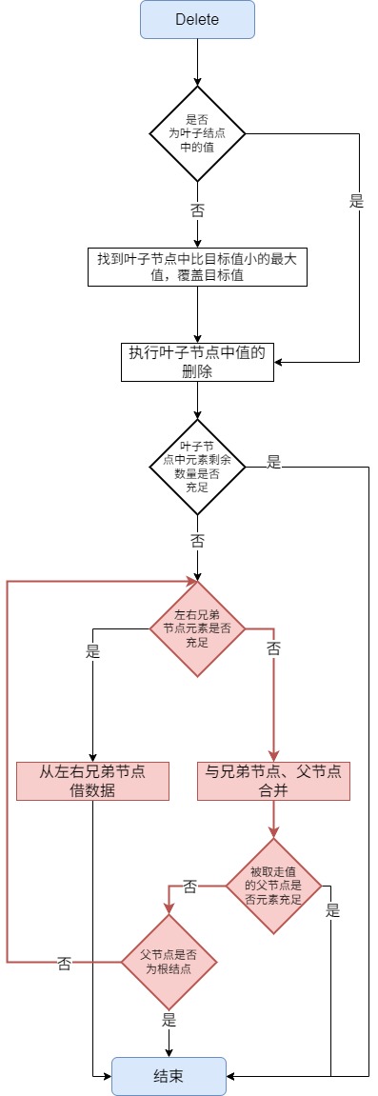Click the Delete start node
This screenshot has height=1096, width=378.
[x=197, y=20]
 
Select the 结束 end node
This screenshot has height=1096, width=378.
[x=169, y=1075]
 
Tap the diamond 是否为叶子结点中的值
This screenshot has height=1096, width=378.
[x=197, y=132]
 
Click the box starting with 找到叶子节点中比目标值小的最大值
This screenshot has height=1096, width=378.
[x=197, y=267]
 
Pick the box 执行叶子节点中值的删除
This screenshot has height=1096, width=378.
[x=197, y=362]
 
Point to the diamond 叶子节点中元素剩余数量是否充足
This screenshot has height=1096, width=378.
[x=197, y=464]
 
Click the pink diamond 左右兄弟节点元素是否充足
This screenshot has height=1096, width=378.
[x=197, y=628]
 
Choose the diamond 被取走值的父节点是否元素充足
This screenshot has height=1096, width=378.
[x=274, y=886]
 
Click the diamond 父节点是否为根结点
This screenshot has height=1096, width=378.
[x=169, y=962]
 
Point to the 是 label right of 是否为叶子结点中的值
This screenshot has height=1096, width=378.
[x=357, y=201]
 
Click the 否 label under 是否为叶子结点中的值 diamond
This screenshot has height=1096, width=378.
[x=197, y=208]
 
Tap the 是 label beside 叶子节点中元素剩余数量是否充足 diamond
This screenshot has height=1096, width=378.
[x=274, y=462]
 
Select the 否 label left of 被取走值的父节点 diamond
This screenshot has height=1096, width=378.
[x=190, y=887]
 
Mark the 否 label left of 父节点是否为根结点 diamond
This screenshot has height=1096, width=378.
[x=64, y=963]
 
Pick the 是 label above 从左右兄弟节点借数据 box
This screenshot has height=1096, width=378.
[x=92, y=653]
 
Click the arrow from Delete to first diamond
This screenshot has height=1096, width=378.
[x=197, y=62]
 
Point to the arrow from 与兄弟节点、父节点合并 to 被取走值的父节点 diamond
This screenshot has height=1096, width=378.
[x=274, y=819]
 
